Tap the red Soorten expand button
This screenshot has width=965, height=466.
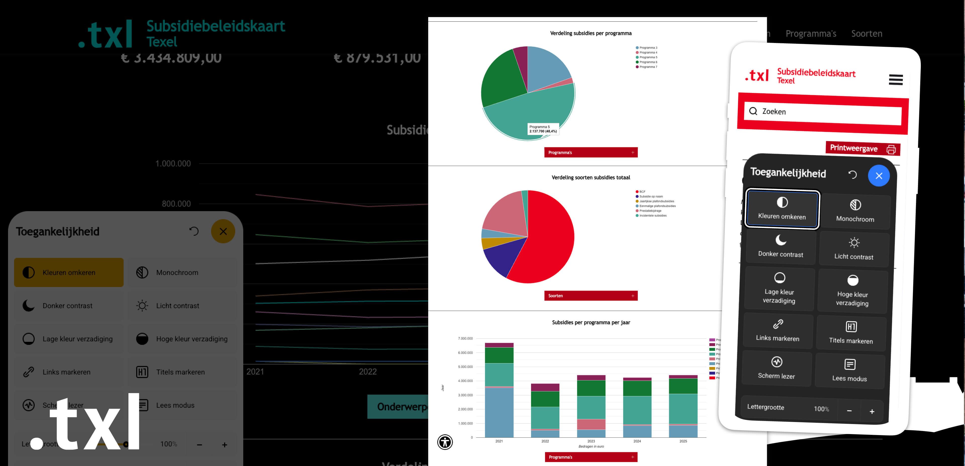591,296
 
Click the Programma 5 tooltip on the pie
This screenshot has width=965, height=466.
543,129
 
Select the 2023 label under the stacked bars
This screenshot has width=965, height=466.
591,441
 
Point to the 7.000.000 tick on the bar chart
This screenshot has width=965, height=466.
465,339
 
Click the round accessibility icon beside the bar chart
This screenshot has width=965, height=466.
445,442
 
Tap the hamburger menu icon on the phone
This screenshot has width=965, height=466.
896,80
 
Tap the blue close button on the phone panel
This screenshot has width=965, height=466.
879,176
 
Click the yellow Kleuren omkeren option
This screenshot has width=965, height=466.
69,272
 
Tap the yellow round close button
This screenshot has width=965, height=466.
223,231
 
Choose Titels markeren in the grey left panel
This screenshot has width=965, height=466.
181,372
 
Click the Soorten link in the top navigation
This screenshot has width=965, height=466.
866,34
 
